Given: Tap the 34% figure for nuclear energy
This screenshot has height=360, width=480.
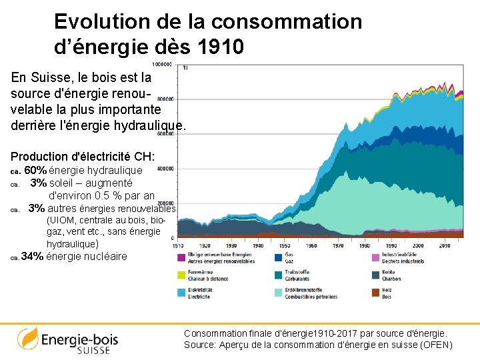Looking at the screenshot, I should tap(33, 257).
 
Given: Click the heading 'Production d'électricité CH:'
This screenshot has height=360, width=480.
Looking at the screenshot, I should tap(83, 157).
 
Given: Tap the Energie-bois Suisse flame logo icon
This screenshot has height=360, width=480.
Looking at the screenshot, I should tap(27, 339).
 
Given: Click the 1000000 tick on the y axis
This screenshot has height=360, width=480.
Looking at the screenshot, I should tap(161, 65).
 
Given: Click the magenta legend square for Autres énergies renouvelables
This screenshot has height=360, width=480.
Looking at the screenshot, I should tap(181, 258).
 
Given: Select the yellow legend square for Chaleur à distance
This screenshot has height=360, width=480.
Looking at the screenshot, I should tap(181, 275).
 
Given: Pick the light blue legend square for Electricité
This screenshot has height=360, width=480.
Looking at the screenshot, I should tap(181, 292).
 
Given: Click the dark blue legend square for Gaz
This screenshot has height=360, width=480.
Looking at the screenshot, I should tap(278, 258).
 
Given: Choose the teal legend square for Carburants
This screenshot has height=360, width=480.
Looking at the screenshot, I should tap(278, 275).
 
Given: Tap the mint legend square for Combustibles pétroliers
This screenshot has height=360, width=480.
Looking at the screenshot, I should tap(278, 292).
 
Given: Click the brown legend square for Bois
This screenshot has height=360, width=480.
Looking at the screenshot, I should tap(375, 292).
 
